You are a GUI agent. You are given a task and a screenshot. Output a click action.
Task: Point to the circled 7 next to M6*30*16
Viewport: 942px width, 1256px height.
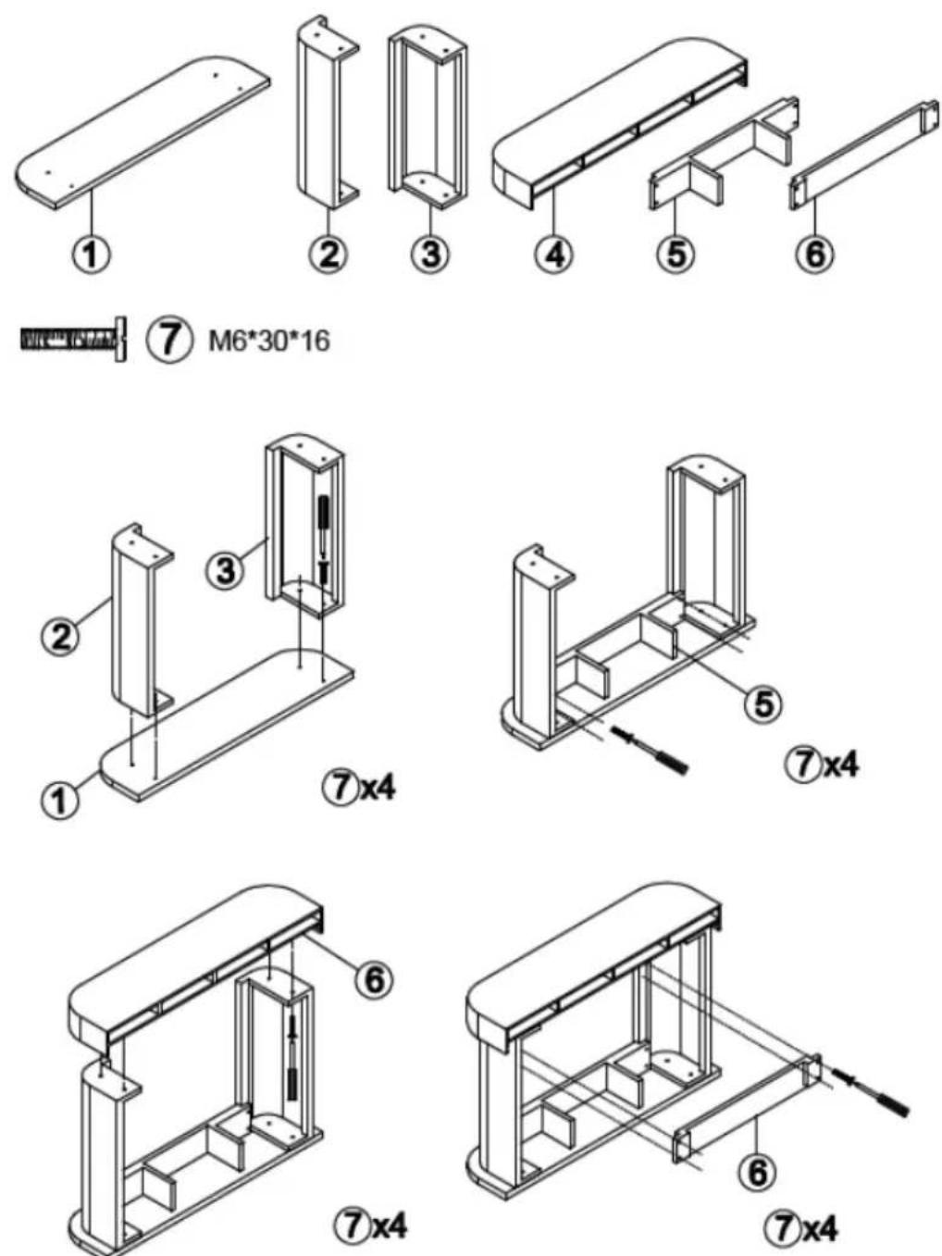tap(167, 341)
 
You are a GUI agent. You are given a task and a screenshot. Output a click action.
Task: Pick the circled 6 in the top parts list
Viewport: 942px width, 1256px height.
tap(816, 254)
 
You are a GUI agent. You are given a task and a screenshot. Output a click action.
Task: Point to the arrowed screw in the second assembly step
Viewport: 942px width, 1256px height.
tap(650, 752)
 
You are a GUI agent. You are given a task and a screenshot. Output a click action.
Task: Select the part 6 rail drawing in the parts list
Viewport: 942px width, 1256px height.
tap(863, 154)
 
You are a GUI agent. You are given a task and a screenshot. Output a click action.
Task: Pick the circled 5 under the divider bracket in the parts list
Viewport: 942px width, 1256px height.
tap(676, 254)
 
